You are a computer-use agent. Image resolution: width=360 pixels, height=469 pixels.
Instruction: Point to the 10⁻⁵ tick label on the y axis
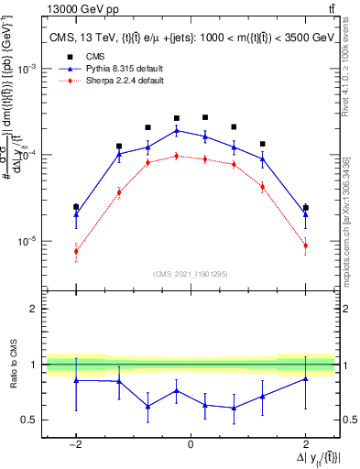click(30, 242)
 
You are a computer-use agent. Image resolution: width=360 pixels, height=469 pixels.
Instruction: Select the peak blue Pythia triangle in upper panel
click(177, 131)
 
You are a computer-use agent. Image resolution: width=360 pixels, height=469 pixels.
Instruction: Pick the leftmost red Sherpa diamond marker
click(76, 251)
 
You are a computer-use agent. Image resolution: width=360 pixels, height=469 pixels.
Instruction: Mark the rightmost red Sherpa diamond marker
click(305, 245)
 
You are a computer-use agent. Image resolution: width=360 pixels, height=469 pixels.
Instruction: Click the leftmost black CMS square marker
click(76, 207)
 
